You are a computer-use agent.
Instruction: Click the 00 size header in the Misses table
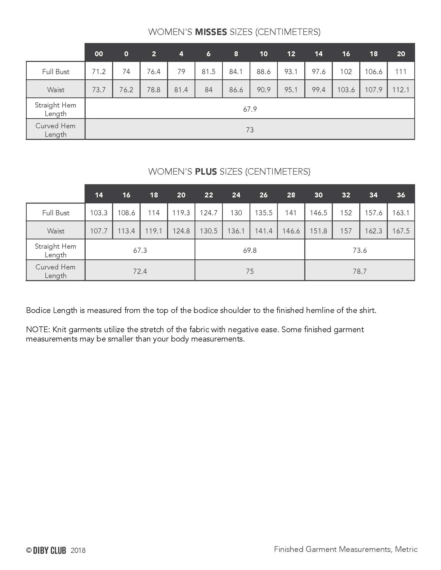coord(99,54)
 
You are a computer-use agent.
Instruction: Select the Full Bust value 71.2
coord(99,72)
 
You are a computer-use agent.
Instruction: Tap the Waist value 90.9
coord(264,90)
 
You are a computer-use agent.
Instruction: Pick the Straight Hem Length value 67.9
coord(250,109)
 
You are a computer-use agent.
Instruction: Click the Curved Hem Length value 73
coord(250,130)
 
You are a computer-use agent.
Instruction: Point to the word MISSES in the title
coord(211,32)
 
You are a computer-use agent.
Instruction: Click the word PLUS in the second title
coord(206,172)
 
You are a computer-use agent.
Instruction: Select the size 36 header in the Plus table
coord(401,195)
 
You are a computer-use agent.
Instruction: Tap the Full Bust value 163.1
coord(401,213)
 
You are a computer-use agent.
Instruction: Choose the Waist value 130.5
coord(209,231)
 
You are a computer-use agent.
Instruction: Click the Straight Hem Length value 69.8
coord(250,250)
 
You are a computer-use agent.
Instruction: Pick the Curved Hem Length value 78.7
coord(360,271)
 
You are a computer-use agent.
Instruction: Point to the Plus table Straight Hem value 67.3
coord(140,250)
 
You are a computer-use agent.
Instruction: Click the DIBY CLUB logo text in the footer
coord(49,550)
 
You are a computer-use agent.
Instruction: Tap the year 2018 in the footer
coord(78,550)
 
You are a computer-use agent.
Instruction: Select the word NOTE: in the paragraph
coord(38,330)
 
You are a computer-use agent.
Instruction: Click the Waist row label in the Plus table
coord(56,231)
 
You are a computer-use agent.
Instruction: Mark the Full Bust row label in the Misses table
coord(56,72)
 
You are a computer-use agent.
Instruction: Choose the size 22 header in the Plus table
coord(209,195)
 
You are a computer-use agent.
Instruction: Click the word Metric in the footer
coord(406,549)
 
